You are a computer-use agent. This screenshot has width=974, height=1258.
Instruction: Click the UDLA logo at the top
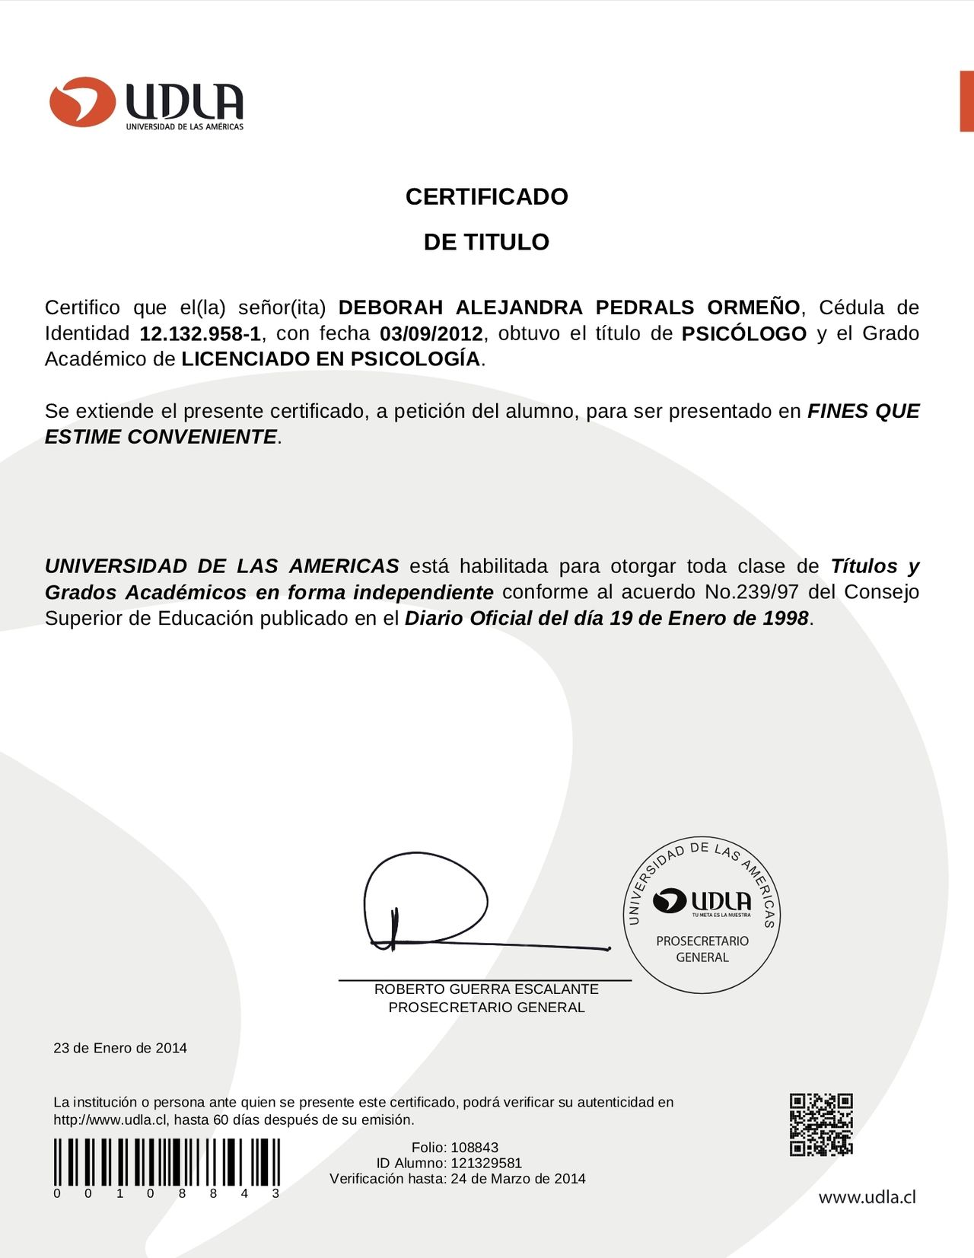tap(147, 104)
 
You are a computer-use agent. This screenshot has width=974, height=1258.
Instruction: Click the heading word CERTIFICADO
tap(486, 196)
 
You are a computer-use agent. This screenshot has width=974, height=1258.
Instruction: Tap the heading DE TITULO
tap(486, 242)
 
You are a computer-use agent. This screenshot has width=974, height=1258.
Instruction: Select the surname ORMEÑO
tap(753, 307)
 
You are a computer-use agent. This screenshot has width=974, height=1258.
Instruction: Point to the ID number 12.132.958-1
tap(200, 333)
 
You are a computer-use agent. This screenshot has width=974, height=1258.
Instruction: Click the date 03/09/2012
tap(431, 333)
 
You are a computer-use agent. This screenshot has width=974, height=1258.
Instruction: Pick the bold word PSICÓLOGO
tap(743, 333)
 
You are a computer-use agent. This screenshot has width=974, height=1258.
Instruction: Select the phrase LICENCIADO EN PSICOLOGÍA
tap(331, 359)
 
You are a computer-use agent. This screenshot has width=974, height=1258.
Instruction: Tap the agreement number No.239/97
tap(752, 592)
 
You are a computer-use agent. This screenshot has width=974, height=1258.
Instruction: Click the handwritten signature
tap(441, 906)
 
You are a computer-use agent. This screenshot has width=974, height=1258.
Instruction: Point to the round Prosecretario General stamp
tap(702, 917)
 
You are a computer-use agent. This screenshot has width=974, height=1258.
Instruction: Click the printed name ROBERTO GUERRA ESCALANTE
tap(486, 989)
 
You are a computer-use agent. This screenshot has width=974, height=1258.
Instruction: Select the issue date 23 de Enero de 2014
tap(120, 1048)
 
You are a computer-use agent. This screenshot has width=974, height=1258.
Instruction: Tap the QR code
tap(821, 1125)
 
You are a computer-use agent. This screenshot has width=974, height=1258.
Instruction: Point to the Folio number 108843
tap(475, 1147)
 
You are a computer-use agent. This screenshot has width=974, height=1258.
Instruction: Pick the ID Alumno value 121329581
tap(486, 1163)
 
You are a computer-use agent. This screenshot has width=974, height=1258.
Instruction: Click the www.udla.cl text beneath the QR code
tap(867, 1197)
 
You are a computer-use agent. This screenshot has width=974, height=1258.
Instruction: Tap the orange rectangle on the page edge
tap(966, 101)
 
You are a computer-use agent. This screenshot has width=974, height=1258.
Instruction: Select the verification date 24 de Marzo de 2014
tap(518, 1179)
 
